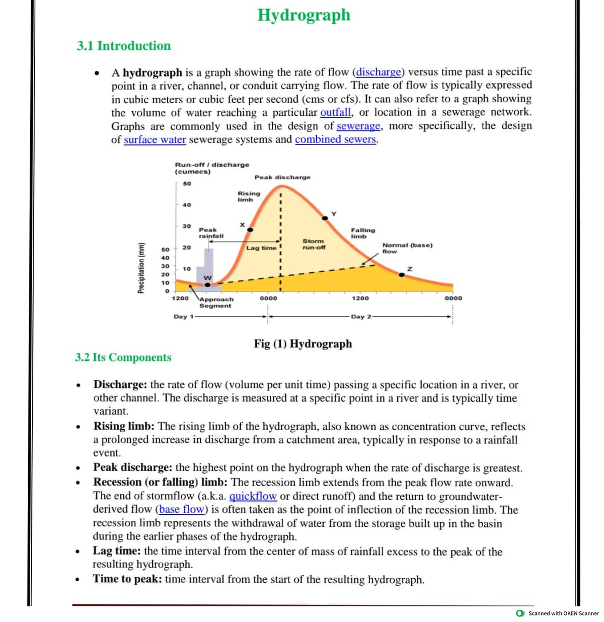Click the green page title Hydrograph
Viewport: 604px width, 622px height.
coord(304,15)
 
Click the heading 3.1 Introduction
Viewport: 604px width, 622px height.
coord(124,46)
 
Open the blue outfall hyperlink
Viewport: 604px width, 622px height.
coord(336,112)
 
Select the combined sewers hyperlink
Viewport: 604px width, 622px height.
coord(336,139)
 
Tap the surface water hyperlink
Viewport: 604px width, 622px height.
coord(155,139)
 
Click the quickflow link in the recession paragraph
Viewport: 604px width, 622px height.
coord(253,496)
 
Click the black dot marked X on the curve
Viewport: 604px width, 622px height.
coord(250,229)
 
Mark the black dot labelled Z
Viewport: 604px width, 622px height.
coord(402,275)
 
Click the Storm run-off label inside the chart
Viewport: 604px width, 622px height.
coord(314,244)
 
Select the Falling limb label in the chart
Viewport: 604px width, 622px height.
coord(362,233)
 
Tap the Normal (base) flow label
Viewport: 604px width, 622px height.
coord(407,248)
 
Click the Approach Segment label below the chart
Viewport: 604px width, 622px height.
coord(216,302)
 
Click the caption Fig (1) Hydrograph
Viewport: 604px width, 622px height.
coord(303,344)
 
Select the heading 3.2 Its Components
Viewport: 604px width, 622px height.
coord(123,357)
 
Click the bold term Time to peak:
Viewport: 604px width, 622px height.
coord(127,579)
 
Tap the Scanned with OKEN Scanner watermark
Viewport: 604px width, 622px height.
coord(559,613)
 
